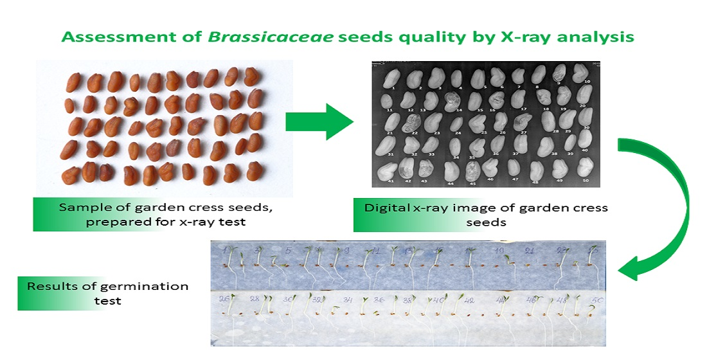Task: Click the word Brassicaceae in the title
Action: point(251,37)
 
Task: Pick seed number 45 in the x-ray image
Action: point(472,170)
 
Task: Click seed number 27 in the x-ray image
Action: point(522,122)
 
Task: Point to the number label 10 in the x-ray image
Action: point(587,82)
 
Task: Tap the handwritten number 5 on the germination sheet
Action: point(288,250)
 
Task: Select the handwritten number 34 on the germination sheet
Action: point(347,300)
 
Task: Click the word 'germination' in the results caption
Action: point(138,287)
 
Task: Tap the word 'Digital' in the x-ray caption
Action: point(387,208)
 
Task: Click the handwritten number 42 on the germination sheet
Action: point(470,300)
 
